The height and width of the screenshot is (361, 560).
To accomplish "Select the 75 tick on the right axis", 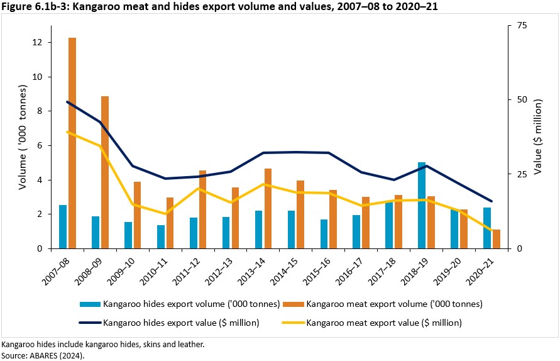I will [521, 25].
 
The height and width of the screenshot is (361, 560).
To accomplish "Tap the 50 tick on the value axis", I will [521, 99].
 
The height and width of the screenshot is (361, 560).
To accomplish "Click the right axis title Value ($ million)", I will [539, 137].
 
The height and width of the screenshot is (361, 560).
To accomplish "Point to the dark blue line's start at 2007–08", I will [67, 102].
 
